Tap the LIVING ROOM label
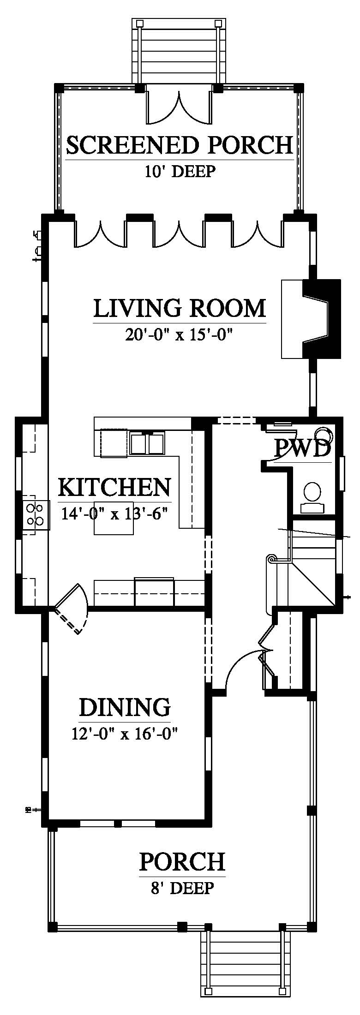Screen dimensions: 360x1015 pos(180,308)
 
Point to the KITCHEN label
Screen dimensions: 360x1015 pos(114,487)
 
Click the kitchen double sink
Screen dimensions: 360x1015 pos(147,443)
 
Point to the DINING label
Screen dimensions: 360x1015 pos(125,707)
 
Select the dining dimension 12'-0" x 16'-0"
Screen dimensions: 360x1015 pos(125,733)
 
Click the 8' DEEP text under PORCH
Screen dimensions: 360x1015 pos(182,888)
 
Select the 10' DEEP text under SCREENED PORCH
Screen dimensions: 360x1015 pos(180,172)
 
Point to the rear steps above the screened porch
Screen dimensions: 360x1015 pos(179,51)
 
